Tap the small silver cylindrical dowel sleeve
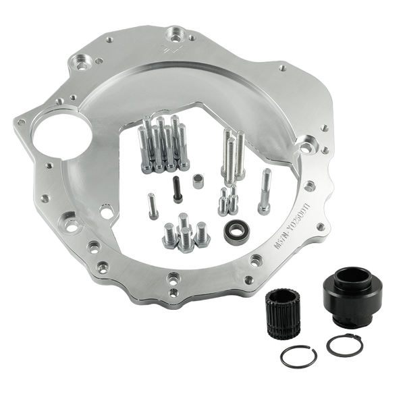(197, 182)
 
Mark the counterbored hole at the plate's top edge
(178, 32)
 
